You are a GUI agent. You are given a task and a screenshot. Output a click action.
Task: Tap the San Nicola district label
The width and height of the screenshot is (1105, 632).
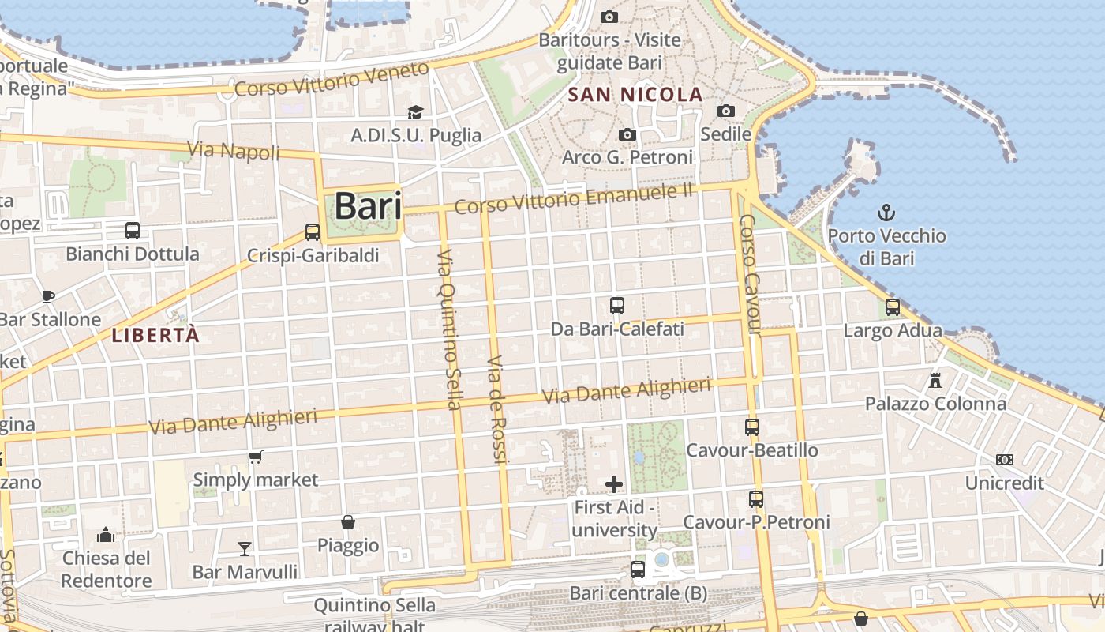(x=635, y=95)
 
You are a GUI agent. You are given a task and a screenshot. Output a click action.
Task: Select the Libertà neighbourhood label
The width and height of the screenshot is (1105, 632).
(x=155, y=335)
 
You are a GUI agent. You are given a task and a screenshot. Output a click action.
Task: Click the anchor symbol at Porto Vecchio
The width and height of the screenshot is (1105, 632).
(x=886, y=212)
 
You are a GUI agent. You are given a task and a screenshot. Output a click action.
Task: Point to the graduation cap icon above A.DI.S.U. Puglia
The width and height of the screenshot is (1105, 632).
(x=415, y=113)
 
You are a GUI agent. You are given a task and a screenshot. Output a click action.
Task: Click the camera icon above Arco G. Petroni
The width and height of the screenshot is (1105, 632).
(x=627, y=135)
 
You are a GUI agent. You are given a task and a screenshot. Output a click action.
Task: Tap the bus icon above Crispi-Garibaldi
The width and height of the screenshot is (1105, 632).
(x=313, y=232)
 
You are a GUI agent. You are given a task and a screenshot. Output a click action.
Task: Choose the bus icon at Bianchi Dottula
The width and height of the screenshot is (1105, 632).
(x=133, y=231)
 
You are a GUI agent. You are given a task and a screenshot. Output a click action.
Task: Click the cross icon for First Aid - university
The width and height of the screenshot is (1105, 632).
(x=614, y=484)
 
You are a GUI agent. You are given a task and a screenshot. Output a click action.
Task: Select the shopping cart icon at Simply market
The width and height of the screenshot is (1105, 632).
(x=255, y=457)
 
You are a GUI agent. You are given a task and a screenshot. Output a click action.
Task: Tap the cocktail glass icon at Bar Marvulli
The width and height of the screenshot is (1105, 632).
(x=245, y=548)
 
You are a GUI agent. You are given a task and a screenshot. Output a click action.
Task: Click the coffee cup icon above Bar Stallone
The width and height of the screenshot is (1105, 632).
(x=48, y=296)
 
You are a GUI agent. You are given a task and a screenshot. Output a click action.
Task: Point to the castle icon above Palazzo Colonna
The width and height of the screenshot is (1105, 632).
(x=935, y=381)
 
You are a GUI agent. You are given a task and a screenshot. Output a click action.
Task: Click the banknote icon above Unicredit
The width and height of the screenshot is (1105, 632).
(x=1005, y=460)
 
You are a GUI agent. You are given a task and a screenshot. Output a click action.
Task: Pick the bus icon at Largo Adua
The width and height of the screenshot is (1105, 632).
(x=893, y=307)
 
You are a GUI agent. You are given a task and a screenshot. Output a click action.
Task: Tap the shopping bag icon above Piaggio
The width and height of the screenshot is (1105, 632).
(x=347, y=522)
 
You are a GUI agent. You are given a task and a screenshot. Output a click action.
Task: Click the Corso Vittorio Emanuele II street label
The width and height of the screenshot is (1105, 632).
(x=574, y=198)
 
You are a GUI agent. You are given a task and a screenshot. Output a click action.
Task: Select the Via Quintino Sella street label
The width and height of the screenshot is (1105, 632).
(x=448, y=329)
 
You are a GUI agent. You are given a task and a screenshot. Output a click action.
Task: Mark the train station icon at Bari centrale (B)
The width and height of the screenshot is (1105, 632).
(x=638, y=569)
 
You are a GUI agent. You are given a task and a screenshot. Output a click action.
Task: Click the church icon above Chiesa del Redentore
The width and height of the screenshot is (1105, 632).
(x=106, y=536)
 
